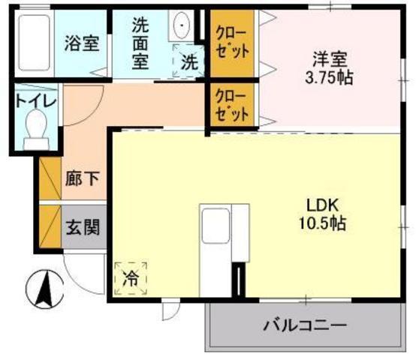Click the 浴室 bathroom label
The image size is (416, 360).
pyautogui.click(x=82, y=42)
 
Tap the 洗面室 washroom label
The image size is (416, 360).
pyautogui.click(x=140, y=43)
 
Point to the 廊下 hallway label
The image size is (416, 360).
pyautogui.click(x=75, y=181)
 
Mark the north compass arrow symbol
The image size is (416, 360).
pyautogui.click(x=43, y=287)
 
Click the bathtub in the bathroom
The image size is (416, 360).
pyautogui.click(x=33, y=42)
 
